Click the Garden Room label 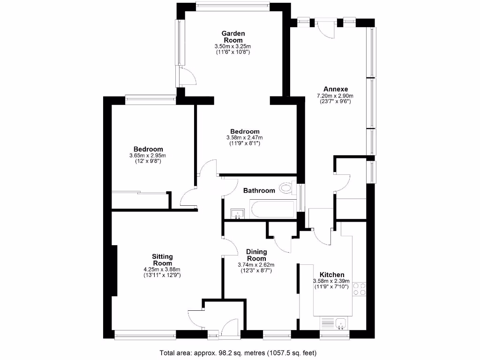[233, 37]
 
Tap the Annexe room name [335, 89]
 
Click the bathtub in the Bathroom [272, 209]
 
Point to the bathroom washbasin [238, 214]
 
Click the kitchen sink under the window [339, 322]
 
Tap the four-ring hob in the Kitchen [360, 288]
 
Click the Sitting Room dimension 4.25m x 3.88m [162, 269]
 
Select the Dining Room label [256, 255]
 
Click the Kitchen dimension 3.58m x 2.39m [332, 281]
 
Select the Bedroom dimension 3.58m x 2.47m [244, 137]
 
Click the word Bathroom [259, 190]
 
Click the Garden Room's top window [232, 6]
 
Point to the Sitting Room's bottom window [145, 334]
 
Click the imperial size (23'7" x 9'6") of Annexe [335, 101]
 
